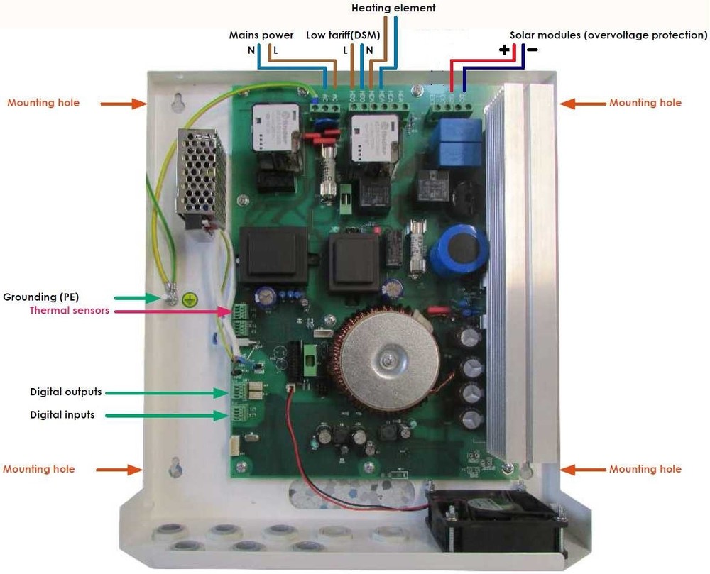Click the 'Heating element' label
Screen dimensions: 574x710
tap(393, 9)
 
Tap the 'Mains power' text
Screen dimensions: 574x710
tap(261, 35)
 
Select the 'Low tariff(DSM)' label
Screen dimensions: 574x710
tap(344, 35)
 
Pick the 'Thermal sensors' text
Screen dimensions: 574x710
tap(70, 310)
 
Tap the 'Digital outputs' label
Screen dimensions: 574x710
tap(65, 392)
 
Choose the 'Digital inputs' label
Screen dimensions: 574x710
tap(62, 415)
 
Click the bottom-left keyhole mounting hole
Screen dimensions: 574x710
tap(175, 468)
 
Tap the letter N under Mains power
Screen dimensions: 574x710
tap(251, 50)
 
